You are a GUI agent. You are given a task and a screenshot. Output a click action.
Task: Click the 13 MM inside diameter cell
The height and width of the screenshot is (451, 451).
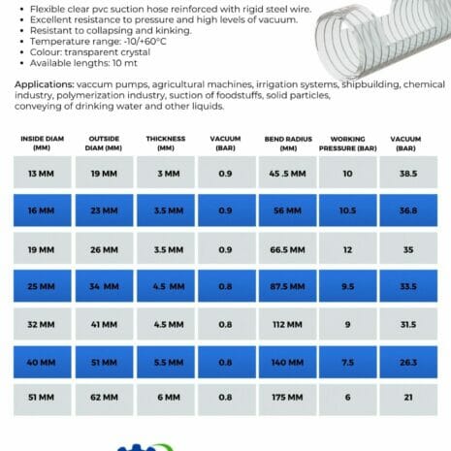click(x=41, y=173)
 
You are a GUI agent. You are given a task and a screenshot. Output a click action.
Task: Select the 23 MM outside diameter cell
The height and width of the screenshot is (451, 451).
click(x=103, y=209)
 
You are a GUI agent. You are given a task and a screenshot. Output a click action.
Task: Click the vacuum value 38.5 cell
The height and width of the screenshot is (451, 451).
click(x=407, y=173)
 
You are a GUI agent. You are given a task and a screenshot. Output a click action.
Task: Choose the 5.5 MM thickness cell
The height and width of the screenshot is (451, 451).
click(x=164, y=362)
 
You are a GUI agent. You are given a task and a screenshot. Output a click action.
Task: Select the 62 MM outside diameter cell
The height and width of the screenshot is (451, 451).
click(x=103, y=399)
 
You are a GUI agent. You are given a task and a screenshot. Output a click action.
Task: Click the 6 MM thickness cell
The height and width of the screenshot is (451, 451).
click(x=164, y=399)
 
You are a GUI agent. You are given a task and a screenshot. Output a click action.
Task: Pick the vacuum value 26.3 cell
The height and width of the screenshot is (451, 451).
click(x=407, y=362)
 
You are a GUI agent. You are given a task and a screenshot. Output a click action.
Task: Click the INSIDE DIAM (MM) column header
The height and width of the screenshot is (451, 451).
click(x=41, y=144)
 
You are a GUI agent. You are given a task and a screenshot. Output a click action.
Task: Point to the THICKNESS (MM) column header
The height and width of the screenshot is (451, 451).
click(x=165, y=144)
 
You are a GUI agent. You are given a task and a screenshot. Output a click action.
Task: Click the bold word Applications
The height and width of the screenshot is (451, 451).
click(x=47, y=84)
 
